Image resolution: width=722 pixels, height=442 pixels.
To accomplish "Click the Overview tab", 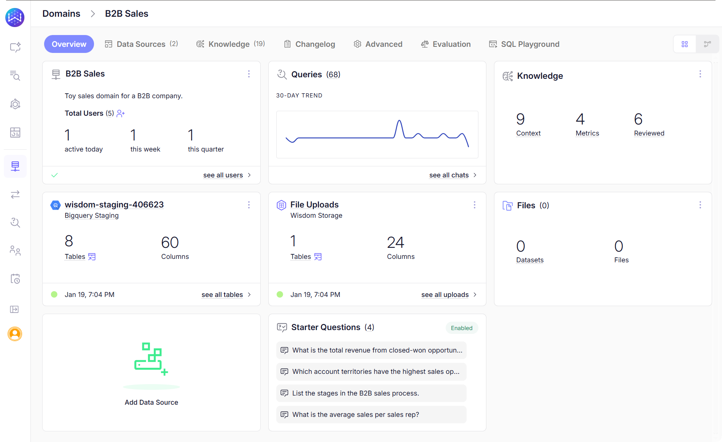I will pyautogui.click(x=69, y=44).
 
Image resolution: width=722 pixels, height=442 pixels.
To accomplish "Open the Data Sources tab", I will pyautogui.click(x=141, y=44).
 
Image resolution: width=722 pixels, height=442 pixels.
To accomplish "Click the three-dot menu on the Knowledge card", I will pyautogui.click(x=700, y=74).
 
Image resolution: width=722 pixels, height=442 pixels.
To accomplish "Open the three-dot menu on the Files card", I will pyautogui.click(x=700, y=205).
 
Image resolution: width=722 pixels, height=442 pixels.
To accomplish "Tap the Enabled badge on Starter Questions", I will pyautogui.click(x=461, y=328).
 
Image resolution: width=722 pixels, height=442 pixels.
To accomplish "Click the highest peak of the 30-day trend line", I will pyautogui.click(x=399, y=121).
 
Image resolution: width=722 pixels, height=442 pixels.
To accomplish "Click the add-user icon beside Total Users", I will pyautogui.click(x=121, y=113).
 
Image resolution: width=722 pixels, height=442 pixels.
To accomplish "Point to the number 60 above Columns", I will pyautogui.click(x=170, y=243).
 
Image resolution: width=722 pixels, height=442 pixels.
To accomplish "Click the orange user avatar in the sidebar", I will pyautogui.click(x=15, y=334).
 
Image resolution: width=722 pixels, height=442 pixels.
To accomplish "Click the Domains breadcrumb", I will pyautogui.click(x=61, y=14).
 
